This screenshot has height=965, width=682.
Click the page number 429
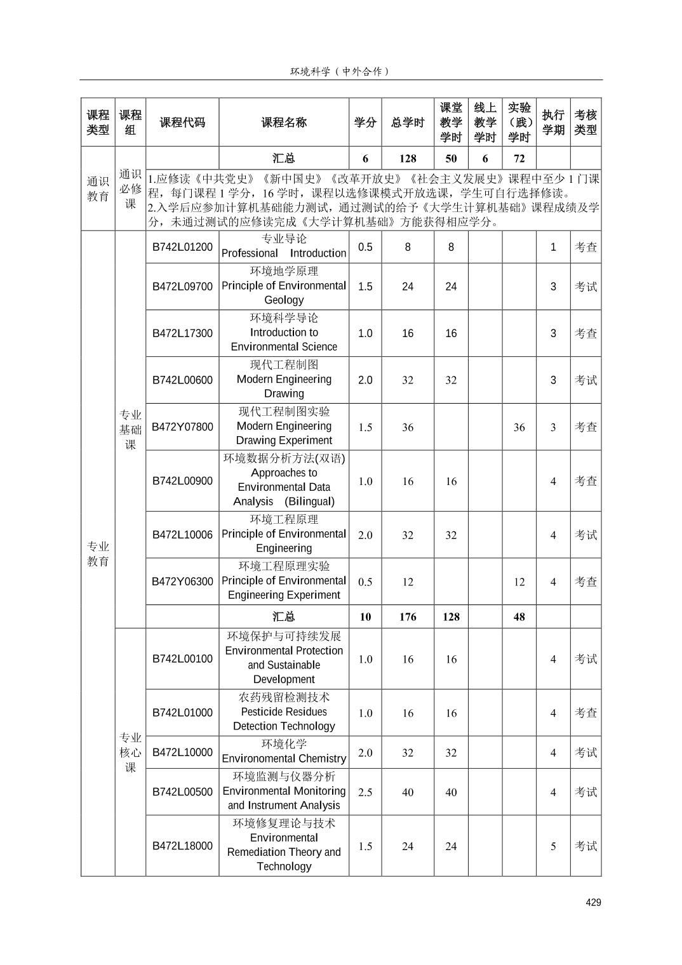pos(593,902)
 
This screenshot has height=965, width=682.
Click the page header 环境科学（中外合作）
pos(340,71)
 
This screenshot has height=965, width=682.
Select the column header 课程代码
pos(182,123)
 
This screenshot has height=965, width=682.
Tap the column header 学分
pos(365,123)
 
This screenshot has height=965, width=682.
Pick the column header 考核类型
pos(585,123)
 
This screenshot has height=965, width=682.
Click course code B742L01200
pos(182,247)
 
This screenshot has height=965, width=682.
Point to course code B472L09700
pos(182,286)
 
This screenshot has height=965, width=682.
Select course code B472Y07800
pos(182,427)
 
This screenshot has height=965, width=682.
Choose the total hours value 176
pos(408,616)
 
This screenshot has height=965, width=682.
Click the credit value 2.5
pos(365,792)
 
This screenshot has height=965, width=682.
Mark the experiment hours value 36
pos(519,427)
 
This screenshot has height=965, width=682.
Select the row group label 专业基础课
pos(130,430)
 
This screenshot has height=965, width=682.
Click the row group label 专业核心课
pos(130,752)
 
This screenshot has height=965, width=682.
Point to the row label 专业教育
pos(98,554)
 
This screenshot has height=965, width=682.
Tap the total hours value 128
pos(408,159)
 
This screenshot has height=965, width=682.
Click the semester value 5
pos(553,846)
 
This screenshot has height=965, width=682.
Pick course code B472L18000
pos(182,846)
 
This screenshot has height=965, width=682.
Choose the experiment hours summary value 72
pos(519,159)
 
